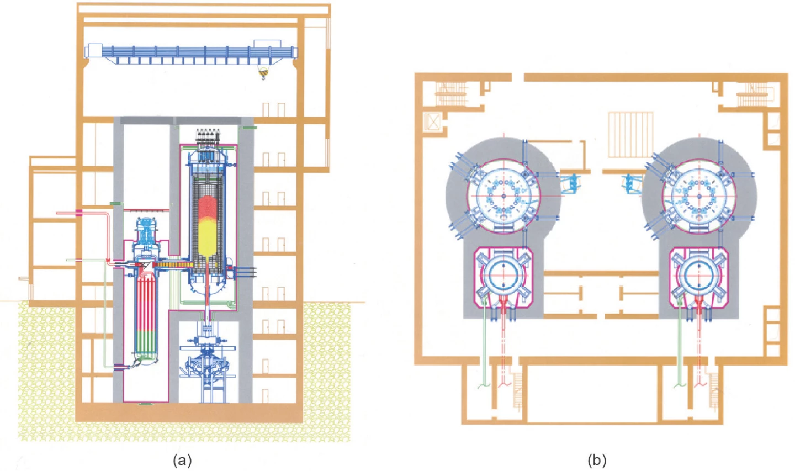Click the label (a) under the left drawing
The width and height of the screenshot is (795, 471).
click(182, 460)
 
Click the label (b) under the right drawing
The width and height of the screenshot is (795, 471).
click(597, 460)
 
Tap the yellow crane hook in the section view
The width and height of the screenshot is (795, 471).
click(263, 73)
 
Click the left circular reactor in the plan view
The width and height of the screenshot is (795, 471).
click(503, 196)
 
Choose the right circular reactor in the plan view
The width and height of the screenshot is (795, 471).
click(698, 196)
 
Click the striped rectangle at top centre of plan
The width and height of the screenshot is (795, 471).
click(630, 134)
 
